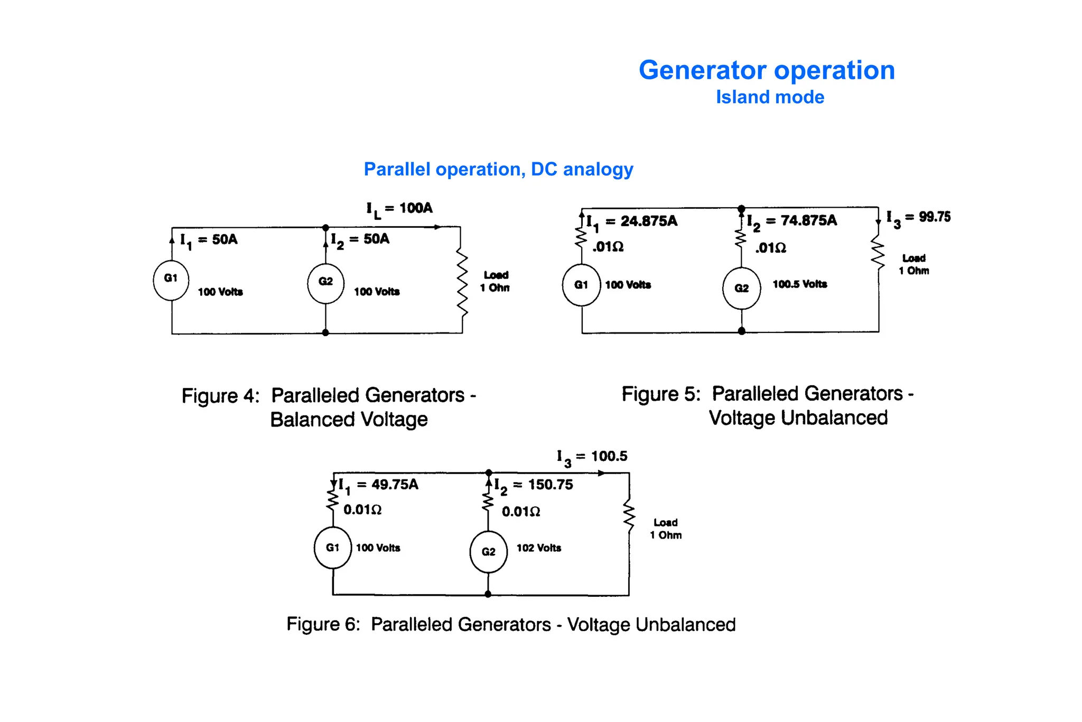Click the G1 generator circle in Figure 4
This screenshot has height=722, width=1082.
171,280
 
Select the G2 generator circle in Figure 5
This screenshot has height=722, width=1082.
741,289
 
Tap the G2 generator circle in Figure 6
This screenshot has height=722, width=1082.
488,552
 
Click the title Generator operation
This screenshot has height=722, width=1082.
767,70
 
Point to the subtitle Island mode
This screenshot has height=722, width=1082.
770,97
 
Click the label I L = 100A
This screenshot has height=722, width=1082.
399,209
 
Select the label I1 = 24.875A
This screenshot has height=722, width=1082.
632,221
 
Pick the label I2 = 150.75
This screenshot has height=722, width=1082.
534,485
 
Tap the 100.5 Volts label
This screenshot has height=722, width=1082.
799,284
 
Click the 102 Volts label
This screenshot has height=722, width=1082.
538,548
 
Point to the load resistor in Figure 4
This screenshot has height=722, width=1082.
462,284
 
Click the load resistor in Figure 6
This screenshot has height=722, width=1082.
629,516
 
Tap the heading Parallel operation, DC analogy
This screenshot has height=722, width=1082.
498,169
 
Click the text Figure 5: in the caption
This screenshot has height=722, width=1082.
660,394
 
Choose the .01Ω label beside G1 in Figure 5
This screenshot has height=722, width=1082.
608,247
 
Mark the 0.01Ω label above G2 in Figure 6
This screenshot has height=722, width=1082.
520,512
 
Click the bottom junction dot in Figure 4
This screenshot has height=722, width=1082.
325,332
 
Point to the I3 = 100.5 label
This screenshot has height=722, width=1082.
592,457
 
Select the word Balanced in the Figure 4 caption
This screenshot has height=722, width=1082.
312,420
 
